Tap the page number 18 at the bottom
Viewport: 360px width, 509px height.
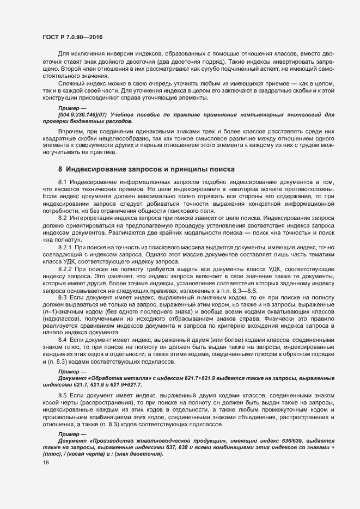click(45, 463)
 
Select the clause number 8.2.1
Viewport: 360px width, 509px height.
click(65, 248)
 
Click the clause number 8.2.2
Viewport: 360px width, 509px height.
click(65, 269)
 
